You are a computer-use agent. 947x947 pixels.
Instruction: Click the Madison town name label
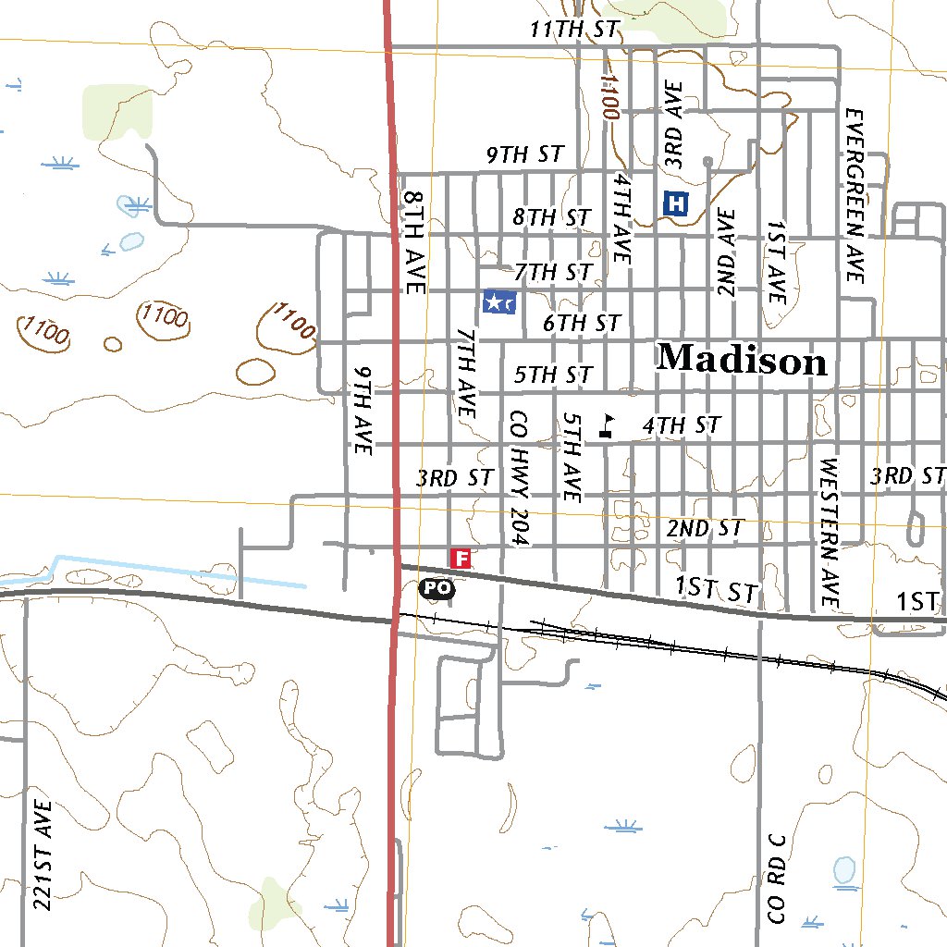[x=742, y=360]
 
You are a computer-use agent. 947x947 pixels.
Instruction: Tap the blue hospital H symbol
[x=677, y=203]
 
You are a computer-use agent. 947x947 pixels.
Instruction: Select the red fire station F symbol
[x=461, y=558]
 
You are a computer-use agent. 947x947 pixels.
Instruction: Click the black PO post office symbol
[x=437, y=587]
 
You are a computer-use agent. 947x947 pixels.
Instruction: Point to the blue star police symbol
[x=499, y=301]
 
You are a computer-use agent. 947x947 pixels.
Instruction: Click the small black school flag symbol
[x=607, y=425]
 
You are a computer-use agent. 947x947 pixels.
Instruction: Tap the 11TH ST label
[x=573, y=29]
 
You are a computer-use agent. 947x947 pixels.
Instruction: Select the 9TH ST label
[x=525, y=155]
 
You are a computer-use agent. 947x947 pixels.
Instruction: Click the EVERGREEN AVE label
[x=854, y=196]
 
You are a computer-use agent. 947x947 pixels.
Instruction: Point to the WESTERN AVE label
[x=828, y=534]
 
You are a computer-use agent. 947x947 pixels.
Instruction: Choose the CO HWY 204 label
[x=518, y=478]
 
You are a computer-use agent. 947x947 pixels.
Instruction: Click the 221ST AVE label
[x=42, y=854]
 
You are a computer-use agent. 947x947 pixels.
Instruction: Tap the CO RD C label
[x=777, y=878]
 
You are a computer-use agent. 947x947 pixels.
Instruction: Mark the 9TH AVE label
[x=362, y=409]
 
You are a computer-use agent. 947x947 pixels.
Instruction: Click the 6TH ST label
[x=581, y=324]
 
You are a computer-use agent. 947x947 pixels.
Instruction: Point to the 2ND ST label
[x=705, y=529]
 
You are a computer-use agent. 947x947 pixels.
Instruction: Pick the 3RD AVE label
[x=675, y=125]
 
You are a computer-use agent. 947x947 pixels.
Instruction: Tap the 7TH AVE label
[x=466, y=371]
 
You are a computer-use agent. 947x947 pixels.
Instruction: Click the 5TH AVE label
[x=572, y=458]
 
